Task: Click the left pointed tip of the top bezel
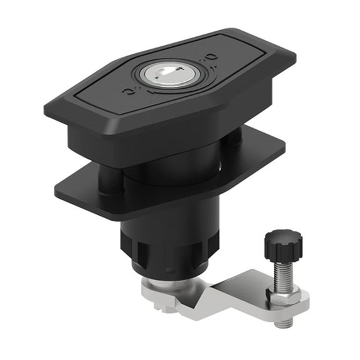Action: tap(47, 111)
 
